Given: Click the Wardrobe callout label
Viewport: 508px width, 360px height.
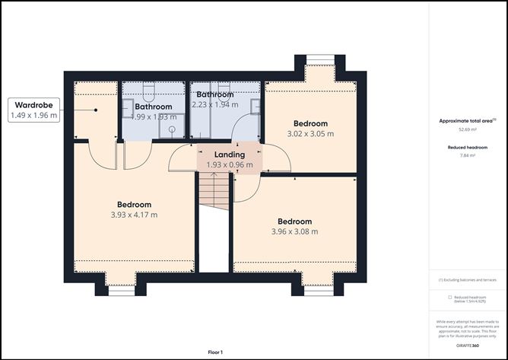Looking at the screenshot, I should point(33,105).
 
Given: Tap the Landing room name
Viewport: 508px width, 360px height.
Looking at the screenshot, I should point(229,155).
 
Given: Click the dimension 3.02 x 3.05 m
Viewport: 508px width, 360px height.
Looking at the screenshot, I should point(310,134).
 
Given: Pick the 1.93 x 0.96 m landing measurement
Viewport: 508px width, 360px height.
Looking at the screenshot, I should point(229,164).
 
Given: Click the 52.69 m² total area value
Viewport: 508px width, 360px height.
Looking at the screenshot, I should point(467,129).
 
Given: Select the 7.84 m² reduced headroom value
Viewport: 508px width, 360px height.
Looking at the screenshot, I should point(467,155).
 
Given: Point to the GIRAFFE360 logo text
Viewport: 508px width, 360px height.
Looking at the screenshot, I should point(467,346).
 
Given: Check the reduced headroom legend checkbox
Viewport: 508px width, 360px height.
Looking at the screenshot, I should point(449,297).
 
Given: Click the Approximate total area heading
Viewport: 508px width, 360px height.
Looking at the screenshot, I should point(467,120).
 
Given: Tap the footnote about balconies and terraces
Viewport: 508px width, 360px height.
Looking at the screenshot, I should point(467,280).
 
